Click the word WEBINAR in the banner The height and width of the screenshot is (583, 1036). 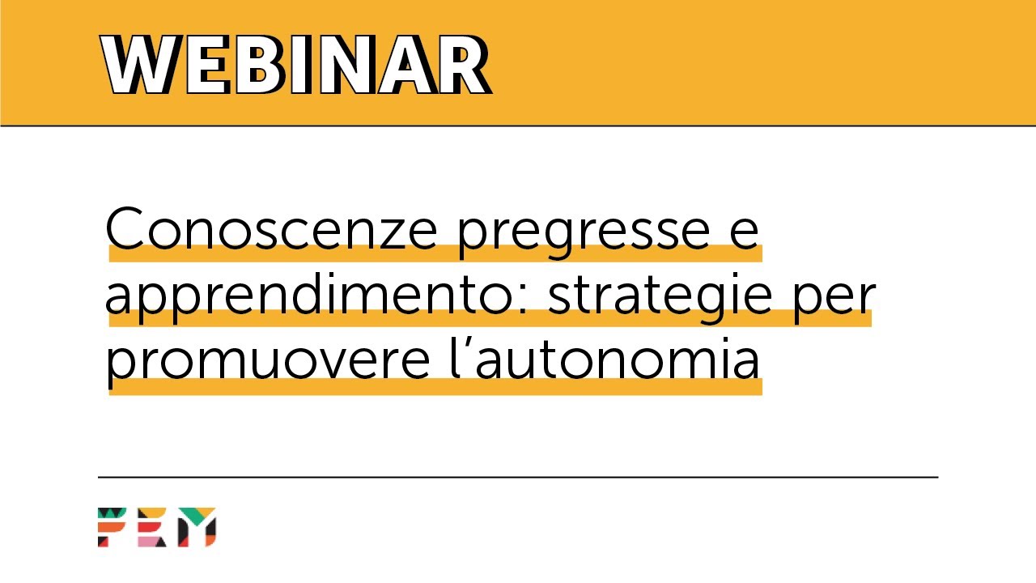pos(296,66)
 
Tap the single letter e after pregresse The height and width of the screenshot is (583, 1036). pos(743,233)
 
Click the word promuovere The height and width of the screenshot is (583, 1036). pos(267,364)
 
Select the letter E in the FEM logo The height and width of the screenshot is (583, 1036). pos(151,527)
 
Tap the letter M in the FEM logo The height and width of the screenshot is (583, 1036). pos(196,527)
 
